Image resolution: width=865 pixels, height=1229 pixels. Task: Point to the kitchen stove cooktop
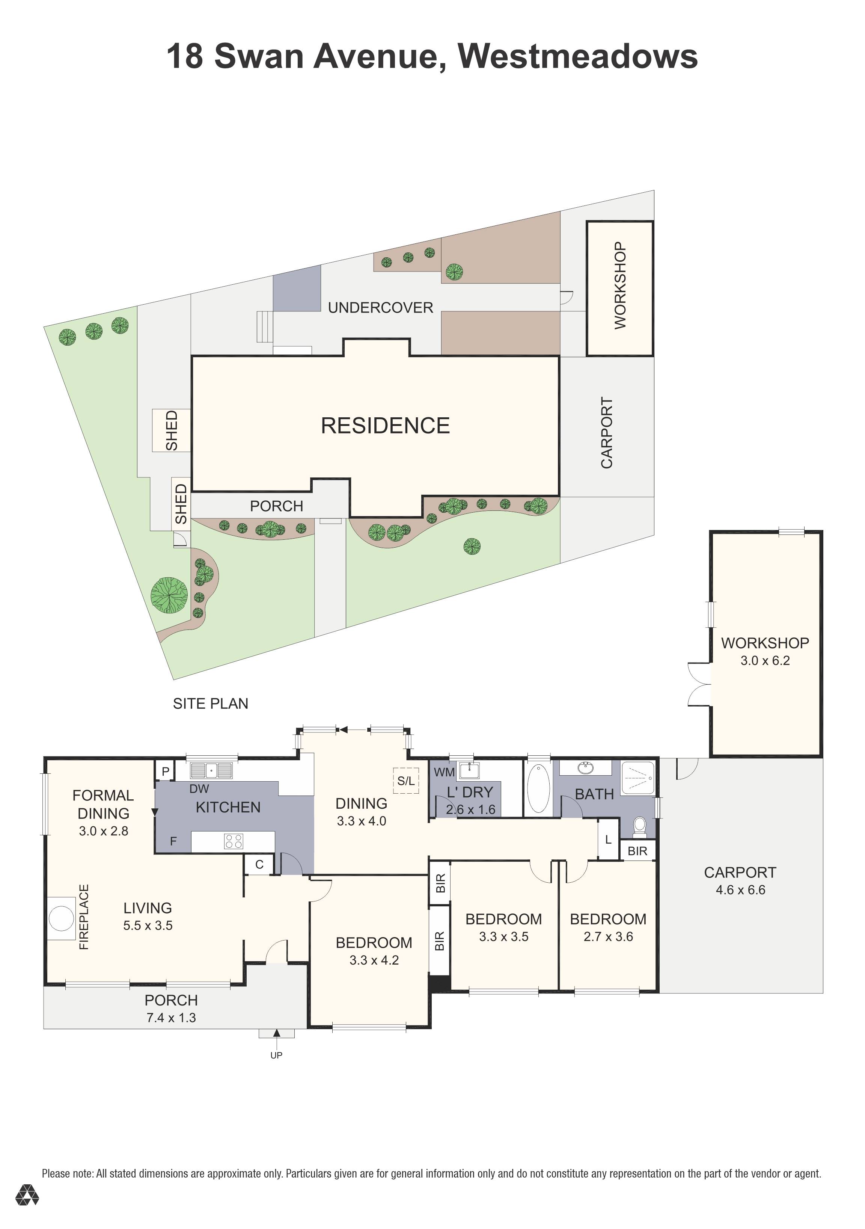click(x=234, y=841)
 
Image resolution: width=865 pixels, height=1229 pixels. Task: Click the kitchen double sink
click(x=211, y=771)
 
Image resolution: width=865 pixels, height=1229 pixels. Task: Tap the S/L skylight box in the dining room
click(x=405, y=781)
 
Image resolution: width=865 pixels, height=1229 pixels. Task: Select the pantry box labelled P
click(x=165, y=772)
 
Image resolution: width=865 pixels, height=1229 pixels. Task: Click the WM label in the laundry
click(x=444, y=772)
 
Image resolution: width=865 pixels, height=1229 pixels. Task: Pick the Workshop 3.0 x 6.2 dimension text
click(x=765, y=661)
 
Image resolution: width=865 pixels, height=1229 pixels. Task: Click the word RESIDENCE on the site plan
click(x=385, y=426)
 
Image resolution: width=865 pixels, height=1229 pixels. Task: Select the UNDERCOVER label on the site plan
click(x=380, y=308)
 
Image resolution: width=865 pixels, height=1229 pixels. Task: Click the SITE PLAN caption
click(x=210, y=704)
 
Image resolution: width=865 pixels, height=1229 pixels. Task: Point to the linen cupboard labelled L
click(x=608, y=840)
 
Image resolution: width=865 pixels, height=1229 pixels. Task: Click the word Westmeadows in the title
click(x=578, y=56)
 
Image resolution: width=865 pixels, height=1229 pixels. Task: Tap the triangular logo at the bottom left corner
click(x=27, y=1210)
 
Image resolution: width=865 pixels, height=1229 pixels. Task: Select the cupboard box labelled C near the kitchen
click(x=259, y=864)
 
